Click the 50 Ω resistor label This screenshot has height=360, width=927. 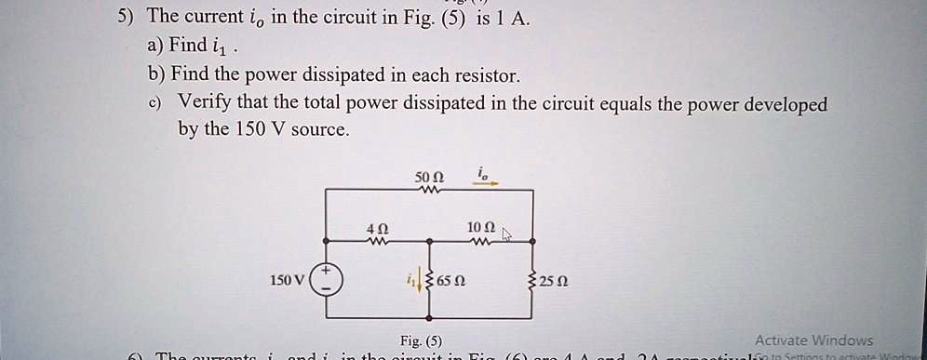[x=431, y=177]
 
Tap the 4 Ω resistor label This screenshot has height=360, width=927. [x=377, y=228]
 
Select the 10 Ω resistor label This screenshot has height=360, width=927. [x=482, y=228]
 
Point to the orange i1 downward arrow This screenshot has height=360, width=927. [x=419, y=280]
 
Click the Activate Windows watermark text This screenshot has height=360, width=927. [x=813, y=340]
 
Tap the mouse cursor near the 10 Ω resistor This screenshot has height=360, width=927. [x=507, y=234]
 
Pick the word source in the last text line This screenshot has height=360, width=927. [x=319, y=129]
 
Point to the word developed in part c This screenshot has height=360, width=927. [x=778, y=103]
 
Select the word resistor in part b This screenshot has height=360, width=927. [x=490, y=74]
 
